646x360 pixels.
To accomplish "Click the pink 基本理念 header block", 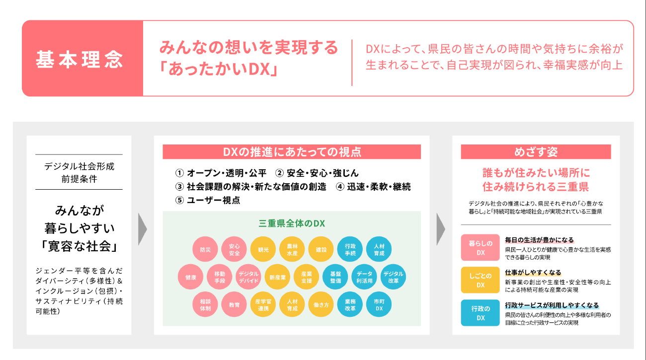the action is pyautogui.click(x=82, y=59).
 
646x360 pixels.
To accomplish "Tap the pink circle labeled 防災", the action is pyautogui.click(x=205, y=249).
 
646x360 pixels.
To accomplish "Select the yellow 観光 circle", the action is pyautogui.click(x=263, y=249).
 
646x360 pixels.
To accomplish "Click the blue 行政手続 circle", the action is pyautogui.click(x=350, y=249).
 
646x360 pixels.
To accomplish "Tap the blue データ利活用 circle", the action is pyautogui.click(x=364, y=277).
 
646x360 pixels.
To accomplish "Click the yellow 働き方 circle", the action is pyautogui.click(x=321, y=304).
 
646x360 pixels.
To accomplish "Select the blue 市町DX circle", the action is pyautogui.click(x=379, y=304).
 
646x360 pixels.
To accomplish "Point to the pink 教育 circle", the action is pyautogui.click(x=234, y=304).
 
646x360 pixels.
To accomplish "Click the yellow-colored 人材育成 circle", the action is pyautogui.click(x=292, y=304).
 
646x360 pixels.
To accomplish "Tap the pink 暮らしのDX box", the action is pyautogui.click(x=480, y=247).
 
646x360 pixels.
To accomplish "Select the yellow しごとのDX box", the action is pyautogui.click(x=480, y=280).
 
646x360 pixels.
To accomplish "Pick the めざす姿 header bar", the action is pyautogui.click(x=535, y=152).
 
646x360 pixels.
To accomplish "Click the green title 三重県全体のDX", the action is pyautogui.click(x=292, y=223).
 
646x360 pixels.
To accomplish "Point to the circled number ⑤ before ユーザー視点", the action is pyautogui.click(x=179, y=200).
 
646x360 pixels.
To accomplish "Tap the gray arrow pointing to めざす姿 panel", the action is pyautogui.click(x=441, y=229).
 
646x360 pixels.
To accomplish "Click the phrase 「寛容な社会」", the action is pyautogui.click(x=79, y=246).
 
